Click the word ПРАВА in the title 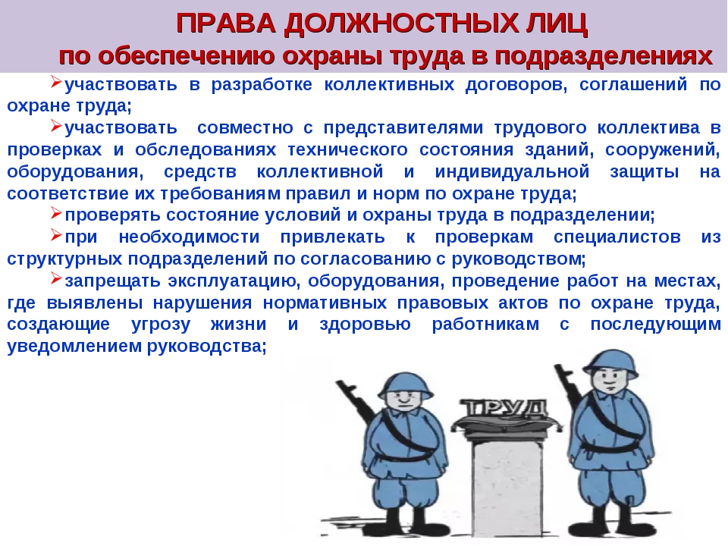coord(226,24)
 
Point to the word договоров coord(516,85)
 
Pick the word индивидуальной coord(512,172)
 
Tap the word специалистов coord(617,237)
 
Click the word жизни coord(238,324)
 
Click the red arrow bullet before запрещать coord(56,278)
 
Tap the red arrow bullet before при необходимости coord(56,235)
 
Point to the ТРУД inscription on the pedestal coord(506,408)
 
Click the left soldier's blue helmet coord(405,384)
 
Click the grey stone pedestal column coord(506,483)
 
